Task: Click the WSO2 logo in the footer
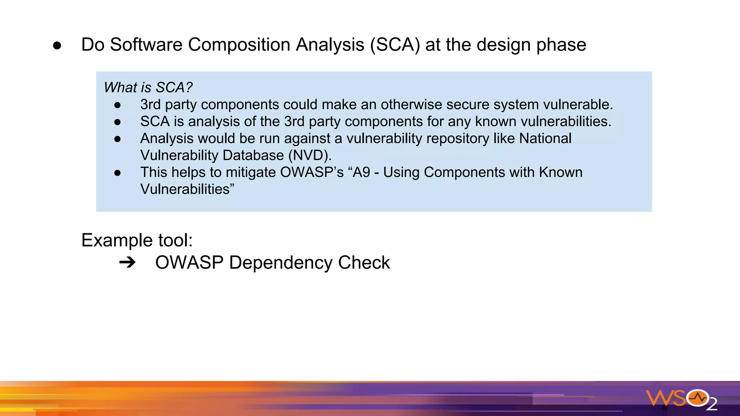click(x=681, y=399)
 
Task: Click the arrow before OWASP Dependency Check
click(x=127, y=263)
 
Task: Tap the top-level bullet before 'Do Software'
click(x=57, y=45)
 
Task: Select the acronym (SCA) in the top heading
click(x=395, y=45)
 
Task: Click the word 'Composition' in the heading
click(x=239, y=45)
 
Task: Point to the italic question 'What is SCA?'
click(x=148, y=87)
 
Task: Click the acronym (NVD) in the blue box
click(x=310, y=155)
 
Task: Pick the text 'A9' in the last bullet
click(x=361, y=172)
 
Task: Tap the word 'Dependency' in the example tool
click(x=280, y=263)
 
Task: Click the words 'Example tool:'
click(x=137, y=240)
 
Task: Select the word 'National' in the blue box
click(x=545, y=138)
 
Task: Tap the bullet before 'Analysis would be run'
click(x=117, y=139)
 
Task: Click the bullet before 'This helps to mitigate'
click(x=117, y=173)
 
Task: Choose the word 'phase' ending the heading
click(x=561, y=45)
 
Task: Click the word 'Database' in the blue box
click(x=253, y=155)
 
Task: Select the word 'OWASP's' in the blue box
click(x=312, y=172)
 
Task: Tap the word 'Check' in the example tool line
click(x=364, y=263)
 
